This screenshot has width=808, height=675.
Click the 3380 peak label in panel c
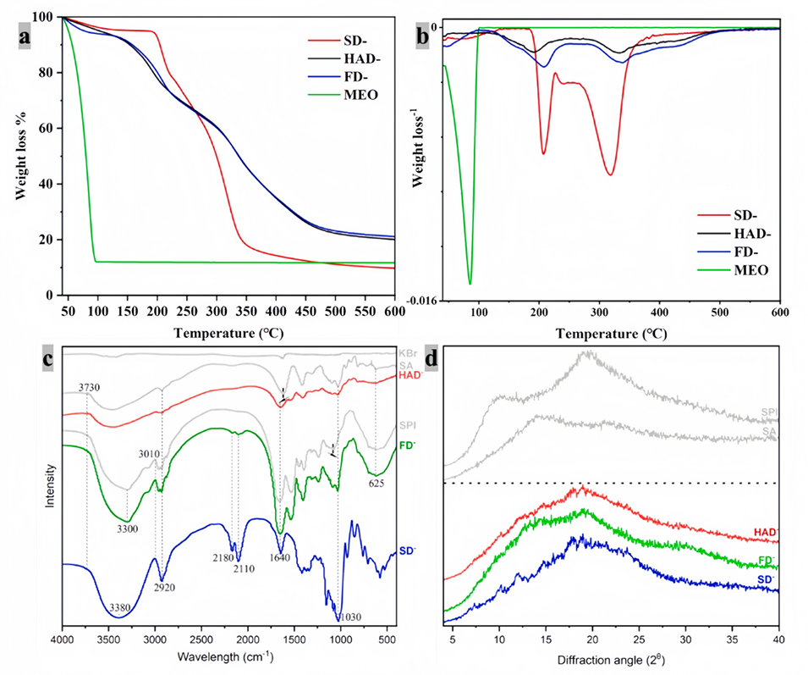127,608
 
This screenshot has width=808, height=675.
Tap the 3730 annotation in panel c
81,387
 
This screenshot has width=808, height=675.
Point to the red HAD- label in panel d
765,532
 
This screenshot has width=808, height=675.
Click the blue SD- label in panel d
766,580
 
